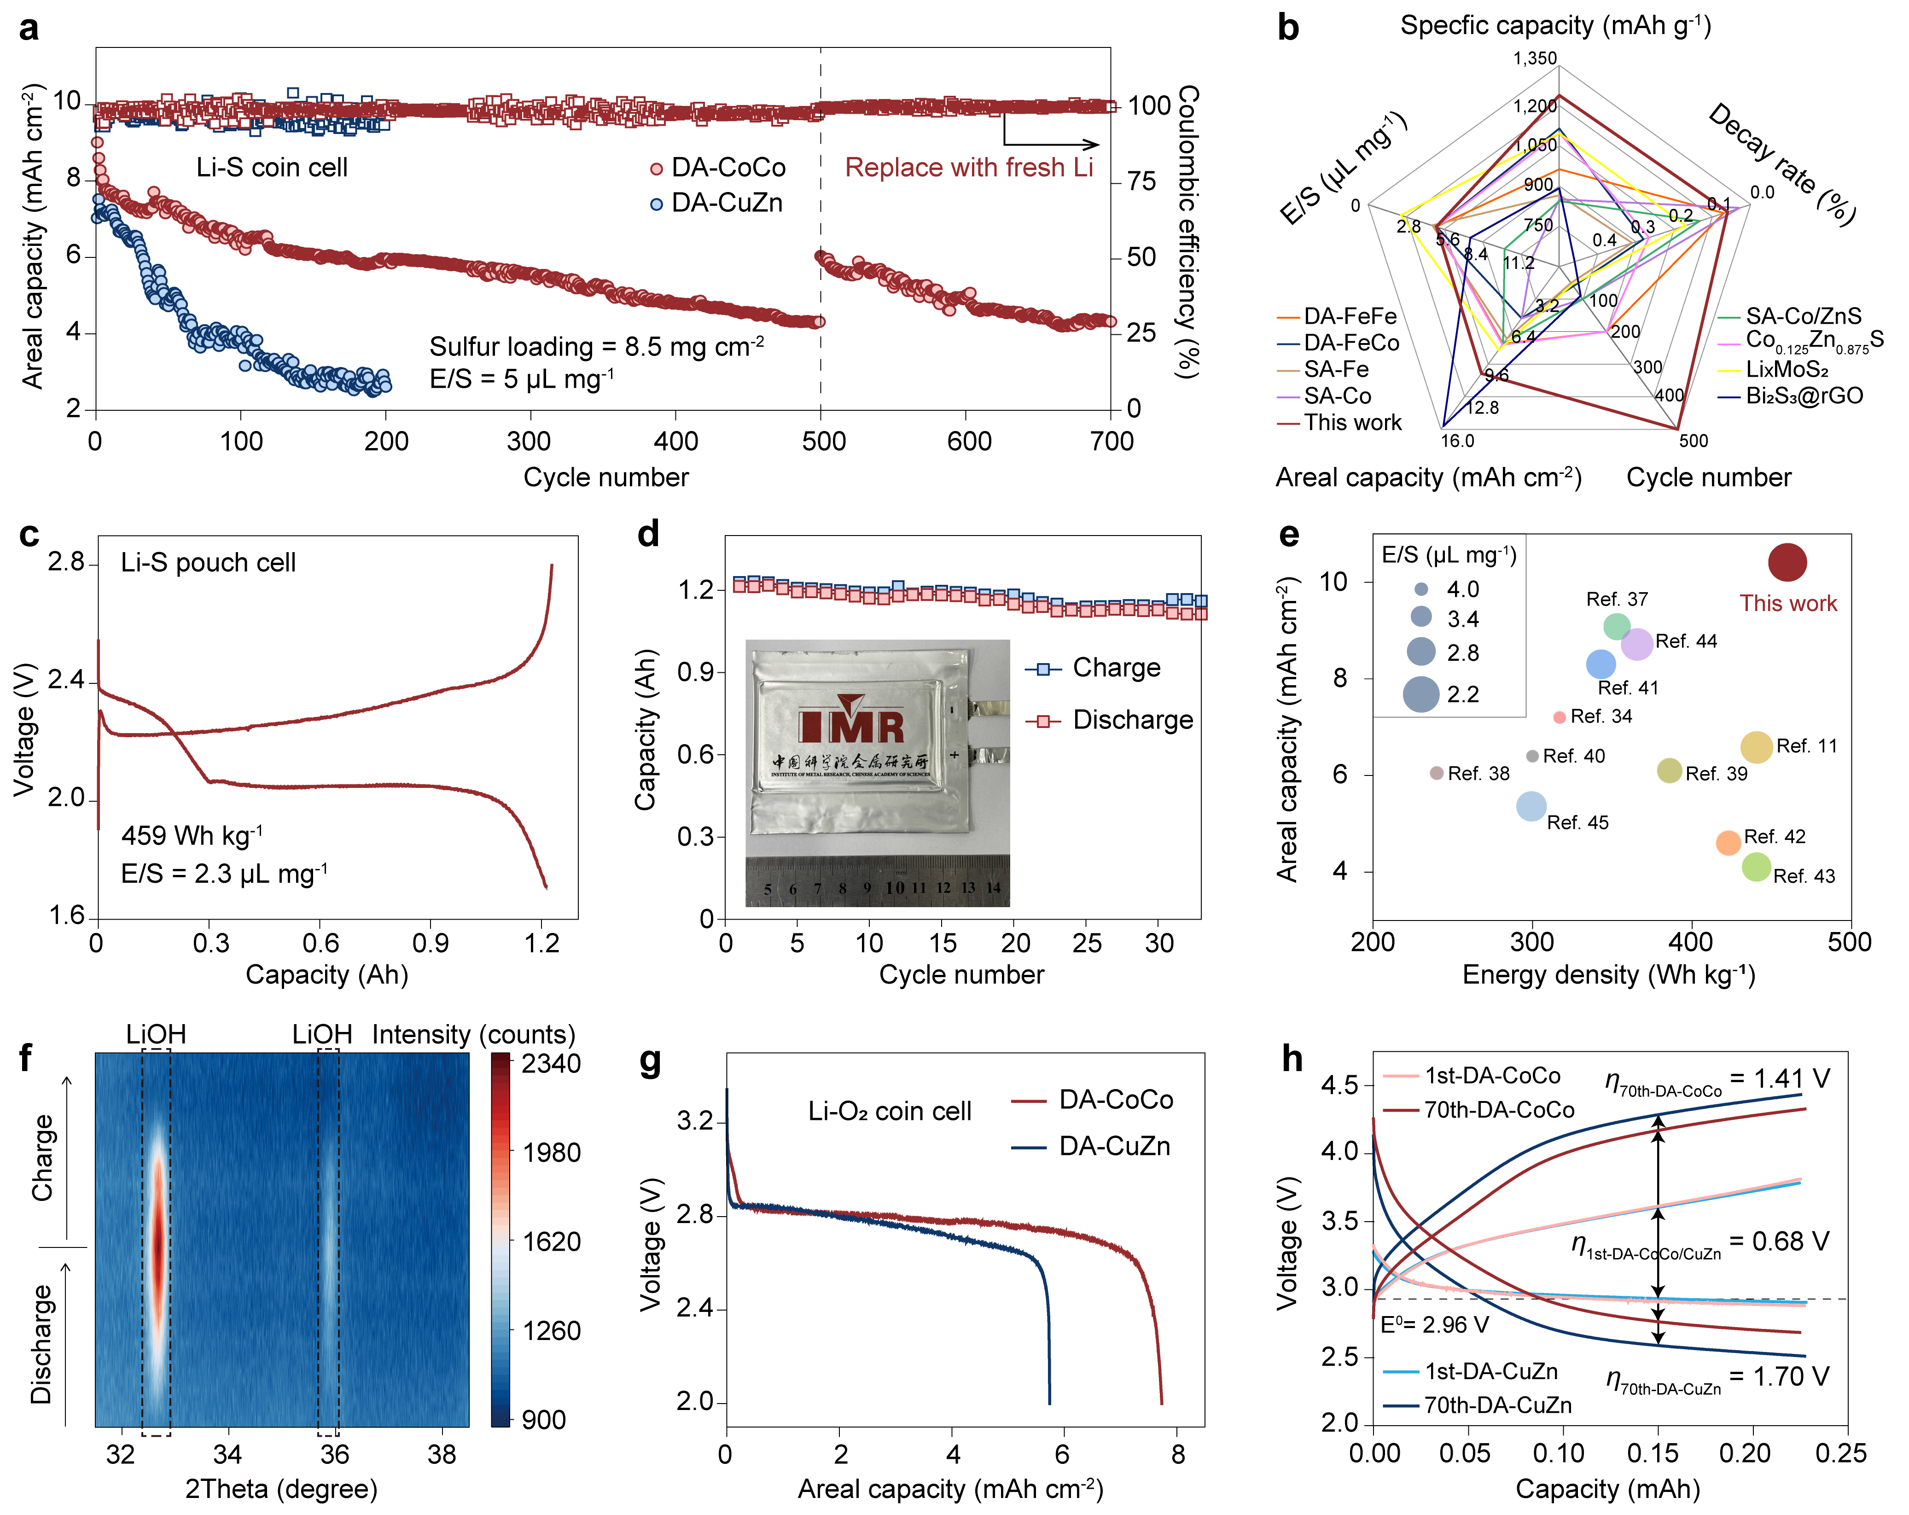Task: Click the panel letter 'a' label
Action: (x=29, y=29)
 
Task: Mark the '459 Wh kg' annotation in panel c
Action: (x=191, y=835)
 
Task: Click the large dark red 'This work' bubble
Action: (x=1787, y=562)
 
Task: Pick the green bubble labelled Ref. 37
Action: (x=1617, y=626)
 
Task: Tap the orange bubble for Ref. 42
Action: (x=1728, y=843)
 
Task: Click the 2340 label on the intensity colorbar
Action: (x=551, y=1063)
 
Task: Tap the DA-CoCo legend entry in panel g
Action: (x=1116, y=1100)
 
